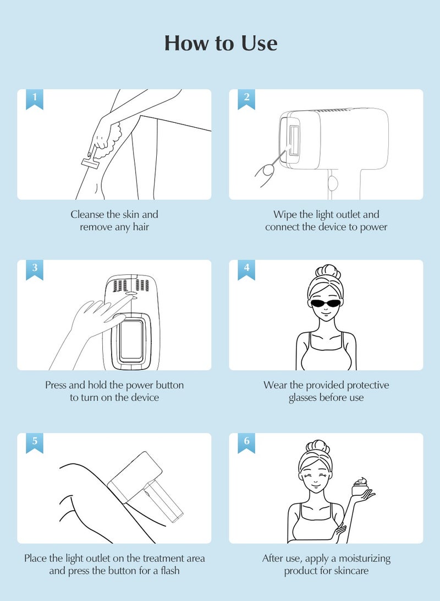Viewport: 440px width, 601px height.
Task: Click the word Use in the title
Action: (259, 43)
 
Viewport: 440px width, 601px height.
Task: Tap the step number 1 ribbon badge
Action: (35, 99)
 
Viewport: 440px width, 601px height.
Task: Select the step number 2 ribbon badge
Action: (246, 99)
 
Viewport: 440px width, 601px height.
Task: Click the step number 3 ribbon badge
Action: (35, 269)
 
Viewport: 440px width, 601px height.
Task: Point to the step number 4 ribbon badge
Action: (246, 269)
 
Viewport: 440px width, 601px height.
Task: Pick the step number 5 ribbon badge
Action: (35, 443)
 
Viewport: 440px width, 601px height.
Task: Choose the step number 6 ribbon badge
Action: (246, 443)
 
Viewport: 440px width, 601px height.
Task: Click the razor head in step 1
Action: (90, 163)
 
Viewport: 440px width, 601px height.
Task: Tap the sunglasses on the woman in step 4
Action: (326, 303)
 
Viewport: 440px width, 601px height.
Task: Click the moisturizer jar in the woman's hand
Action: (360, 487)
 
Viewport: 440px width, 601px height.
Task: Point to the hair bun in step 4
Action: (328, 272)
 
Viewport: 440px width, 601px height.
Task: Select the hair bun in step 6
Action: (317, 447)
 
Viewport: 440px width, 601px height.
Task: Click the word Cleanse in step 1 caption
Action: (87, 214)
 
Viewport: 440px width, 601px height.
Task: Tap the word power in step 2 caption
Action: (373, 228)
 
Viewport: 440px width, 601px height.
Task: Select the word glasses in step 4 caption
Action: (302, 398)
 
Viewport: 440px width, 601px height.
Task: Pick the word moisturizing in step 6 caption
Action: (365, 559)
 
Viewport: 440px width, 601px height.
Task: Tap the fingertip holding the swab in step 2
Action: (267, 172)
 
